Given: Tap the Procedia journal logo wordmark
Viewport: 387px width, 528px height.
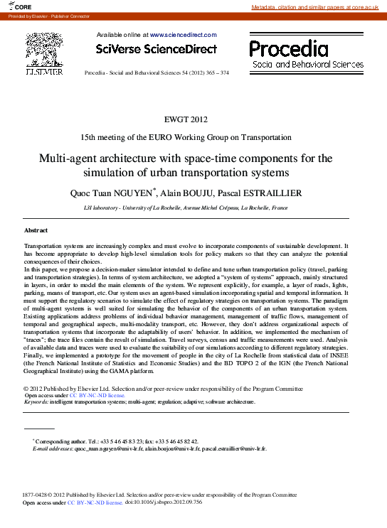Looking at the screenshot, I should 289,49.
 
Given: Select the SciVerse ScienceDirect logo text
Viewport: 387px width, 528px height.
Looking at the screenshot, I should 156,48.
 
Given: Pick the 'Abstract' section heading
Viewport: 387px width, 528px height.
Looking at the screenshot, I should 36,231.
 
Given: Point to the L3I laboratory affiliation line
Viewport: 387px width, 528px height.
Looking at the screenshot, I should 185,208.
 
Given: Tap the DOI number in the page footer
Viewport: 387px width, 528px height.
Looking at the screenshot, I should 172,502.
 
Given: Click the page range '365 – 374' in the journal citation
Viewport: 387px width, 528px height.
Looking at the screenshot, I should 214,73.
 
